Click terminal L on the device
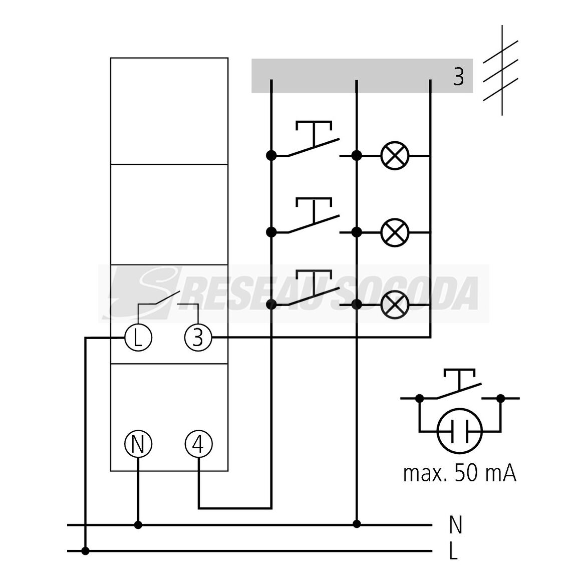coord(138,338)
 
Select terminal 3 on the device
coord(198,338)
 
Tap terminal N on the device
coord(138,444)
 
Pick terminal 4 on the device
coord(198,444)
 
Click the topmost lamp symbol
coord(395,155)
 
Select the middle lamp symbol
coord(395,232)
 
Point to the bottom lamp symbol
coord(395,305)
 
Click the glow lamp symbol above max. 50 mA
coord(460,431)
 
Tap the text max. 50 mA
coord(460,474)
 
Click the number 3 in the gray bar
coord(459,77)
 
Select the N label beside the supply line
coord(456,525)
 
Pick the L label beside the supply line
coord(454,551)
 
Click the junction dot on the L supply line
coord(85,551)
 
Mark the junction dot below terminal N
coord(138,525)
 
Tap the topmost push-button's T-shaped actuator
coord(314,131)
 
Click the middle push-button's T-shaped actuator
coord(314,208)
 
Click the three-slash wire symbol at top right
coord(501,71)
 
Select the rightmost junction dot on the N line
coord(357,524)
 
